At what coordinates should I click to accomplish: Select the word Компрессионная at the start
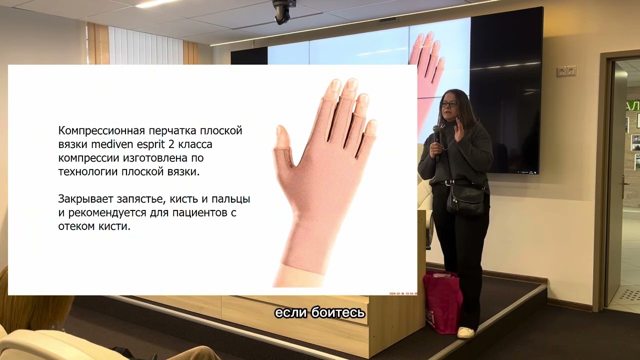(101, 131)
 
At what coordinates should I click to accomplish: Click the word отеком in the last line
(75, 226)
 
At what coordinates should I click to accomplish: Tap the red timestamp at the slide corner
(403, 293)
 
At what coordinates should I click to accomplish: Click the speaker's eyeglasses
(448, 103)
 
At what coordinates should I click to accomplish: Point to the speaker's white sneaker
(465, 332)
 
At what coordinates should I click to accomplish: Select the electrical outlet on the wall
(566, 71)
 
